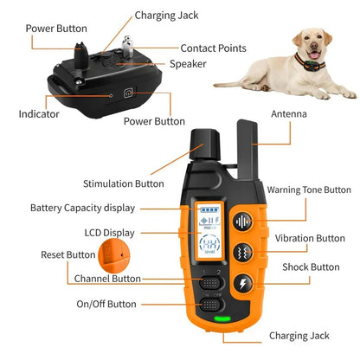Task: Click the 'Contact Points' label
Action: point(213,48)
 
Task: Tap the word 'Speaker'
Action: point(188,63)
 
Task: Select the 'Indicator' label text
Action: point(39,113)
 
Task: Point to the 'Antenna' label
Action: point(288,113)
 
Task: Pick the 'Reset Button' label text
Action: point(67,254)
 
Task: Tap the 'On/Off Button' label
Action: point(106,304)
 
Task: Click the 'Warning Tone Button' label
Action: point(309,190)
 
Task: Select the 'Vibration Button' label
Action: point(309,238)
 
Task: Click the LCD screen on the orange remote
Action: point(209,233)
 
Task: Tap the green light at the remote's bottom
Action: point(224,318)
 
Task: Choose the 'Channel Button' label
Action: point(107,279)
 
